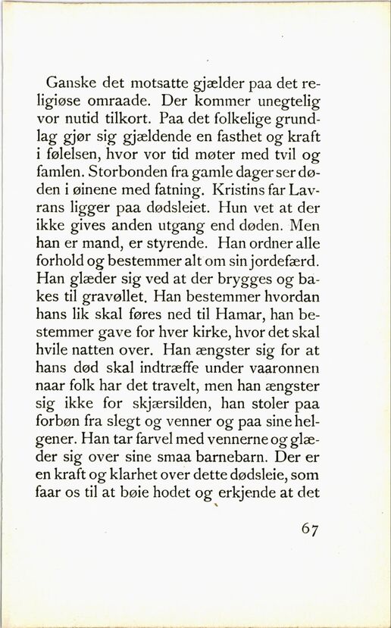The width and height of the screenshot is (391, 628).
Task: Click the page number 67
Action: tap(310, 529)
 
